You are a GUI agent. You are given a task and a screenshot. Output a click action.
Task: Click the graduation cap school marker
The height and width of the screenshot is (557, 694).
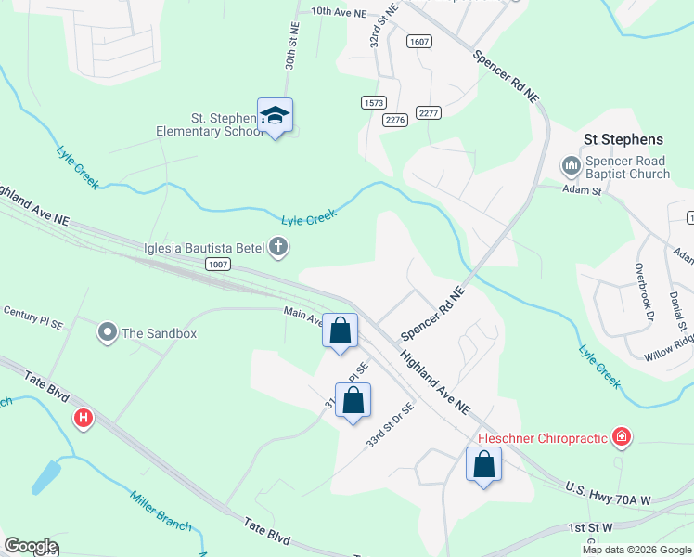click(275, 116)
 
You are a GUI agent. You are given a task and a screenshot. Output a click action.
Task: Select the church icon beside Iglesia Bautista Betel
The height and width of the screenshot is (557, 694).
click(277, 247)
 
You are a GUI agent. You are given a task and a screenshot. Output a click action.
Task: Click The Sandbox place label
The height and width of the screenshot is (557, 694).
click(160, 333)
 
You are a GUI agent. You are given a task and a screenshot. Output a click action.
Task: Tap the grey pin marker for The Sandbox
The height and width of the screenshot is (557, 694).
click(108, 331)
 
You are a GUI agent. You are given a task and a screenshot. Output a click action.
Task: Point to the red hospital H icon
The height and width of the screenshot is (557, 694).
click(84, 419)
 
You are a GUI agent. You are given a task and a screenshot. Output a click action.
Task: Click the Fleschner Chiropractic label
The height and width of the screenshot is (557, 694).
click(542, 438)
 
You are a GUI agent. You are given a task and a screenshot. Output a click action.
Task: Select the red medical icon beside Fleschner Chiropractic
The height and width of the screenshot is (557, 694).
click(621, 437)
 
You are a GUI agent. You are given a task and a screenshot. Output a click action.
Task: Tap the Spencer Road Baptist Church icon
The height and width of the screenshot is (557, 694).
click(570, 166)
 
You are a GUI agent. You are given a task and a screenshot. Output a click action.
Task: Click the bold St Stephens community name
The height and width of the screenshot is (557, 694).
click(623, 139)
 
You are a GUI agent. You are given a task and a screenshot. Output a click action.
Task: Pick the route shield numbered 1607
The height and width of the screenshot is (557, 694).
click(419, 41)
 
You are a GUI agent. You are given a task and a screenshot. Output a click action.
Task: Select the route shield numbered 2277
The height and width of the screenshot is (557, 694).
click(428, 113)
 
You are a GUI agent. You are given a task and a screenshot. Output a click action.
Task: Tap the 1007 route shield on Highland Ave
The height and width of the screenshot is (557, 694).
click(218, 265)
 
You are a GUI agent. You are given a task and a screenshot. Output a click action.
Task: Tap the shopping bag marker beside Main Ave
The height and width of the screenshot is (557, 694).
click(340, 330)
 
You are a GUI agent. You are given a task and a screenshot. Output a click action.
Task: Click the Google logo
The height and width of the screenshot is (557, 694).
click(30, 546)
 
